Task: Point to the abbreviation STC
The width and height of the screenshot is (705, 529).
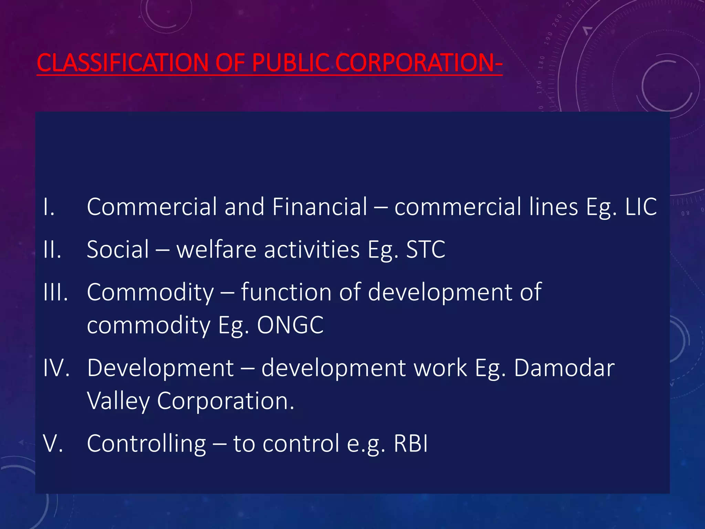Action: point(426,249)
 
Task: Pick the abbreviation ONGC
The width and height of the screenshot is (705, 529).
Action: point(290,325)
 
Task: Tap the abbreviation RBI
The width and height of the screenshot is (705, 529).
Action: point(411,444)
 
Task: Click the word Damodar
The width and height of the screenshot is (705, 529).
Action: point(564,368)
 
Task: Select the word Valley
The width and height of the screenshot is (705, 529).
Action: point(118,401)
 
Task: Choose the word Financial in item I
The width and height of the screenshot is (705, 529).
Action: point(320,207)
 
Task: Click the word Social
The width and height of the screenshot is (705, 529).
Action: point(118,249)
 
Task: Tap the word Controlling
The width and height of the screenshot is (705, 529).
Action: point(146,444)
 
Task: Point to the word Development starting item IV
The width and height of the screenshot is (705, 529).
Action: point(160,368)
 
